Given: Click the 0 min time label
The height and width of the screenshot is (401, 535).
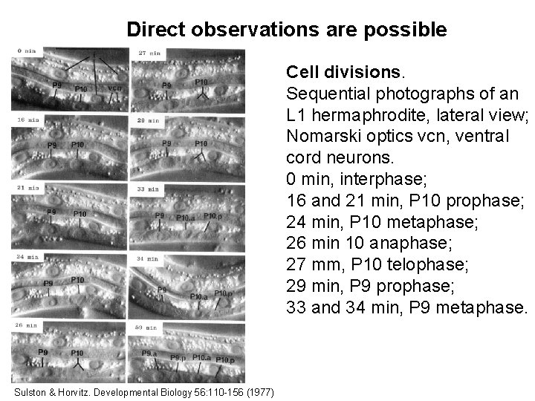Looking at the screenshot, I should (x=27, y=50).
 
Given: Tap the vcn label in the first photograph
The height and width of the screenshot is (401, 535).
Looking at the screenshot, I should (x=114, y=88).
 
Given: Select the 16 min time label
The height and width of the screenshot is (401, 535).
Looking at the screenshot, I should (x=28, y=119).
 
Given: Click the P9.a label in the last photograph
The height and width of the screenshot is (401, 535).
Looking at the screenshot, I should (x=149, y=353).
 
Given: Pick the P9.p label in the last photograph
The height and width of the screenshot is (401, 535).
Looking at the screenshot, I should (x=178, y=358).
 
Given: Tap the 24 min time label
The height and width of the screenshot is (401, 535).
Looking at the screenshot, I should (x=28, y=257).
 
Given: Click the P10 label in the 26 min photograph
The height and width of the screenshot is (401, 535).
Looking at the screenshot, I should (x=77, y=353).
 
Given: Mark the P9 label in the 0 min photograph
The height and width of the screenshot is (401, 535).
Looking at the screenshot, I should (x=56, y=85).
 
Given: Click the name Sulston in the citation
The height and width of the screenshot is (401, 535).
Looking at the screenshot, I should (x=32, y=391).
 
